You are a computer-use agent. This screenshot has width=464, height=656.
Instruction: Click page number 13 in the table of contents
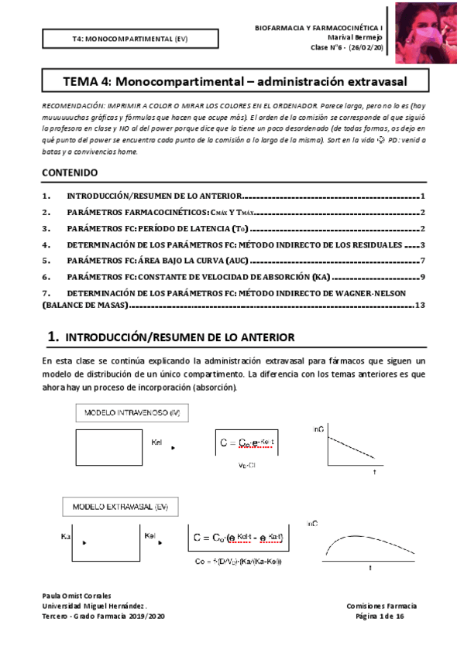[421, 305]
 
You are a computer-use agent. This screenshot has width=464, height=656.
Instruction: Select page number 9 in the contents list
[422, 276]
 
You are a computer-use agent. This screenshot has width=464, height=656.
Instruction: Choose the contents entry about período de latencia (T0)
[159, 228]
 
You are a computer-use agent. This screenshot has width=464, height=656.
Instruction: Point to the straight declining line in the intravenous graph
[347, 449]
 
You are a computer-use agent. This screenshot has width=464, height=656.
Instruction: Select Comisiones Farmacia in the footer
[381, 606]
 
